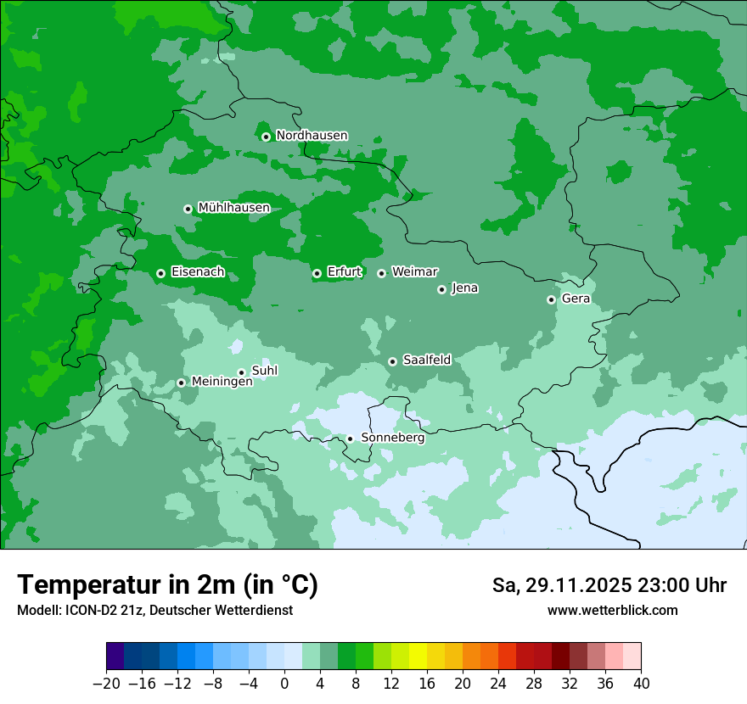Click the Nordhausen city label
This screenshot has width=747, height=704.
312,136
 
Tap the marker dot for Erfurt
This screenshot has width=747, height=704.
317,273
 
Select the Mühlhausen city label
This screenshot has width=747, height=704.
233,208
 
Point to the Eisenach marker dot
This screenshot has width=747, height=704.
160,273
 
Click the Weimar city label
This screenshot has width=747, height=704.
414,271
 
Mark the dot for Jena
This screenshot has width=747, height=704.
441,289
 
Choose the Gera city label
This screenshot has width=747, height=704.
576,299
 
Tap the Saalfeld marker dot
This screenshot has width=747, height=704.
392,361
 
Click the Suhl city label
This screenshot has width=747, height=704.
264,371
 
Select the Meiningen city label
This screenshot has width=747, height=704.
222,382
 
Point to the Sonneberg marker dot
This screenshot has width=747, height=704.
350,439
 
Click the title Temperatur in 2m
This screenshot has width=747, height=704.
167,584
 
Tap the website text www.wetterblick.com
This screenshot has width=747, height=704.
612,611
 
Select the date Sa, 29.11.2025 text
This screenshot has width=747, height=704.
561,585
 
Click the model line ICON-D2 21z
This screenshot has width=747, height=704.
154,611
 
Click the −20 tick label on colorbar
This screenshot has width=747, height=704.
106,683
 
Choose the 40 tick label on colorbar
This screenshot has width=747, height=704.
641,683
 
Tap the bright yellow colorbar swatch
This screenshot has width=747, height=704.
418,657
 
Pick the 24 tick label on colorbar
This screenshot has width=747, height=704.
498,683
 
